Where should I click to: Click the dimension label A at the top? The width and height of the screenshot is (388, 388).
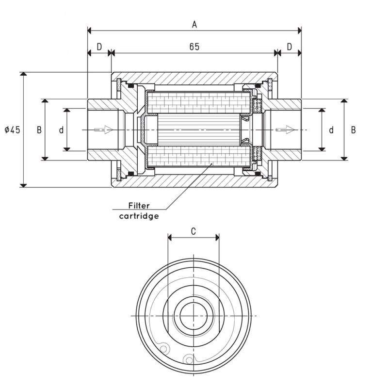click(194, 23)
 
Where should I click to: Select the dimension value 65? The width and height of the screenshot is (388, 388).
click(194, 47)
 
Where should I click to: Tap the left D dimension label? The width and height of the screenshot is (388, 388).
click(99, 47)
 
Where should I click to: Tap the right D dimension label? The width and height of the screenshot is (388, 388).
click(289, 47)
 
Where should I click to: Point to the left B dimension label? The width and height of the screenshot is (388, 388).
click(39, 130)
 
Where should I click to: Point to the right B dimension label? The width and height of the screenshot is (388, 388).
click(354, 130)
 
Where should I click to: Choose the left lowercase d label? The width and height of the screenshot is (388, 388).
click(61, 130)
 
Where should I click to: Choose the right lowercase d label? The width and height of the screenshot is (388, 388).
click(331, 130)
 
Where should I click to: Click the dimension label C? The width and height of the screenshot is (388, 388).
click(193, 231)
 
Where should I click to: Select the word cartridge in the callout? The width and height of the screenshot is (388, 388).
click(139, 216)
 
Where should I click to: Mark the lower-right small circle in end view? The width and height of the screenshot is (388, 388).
click(188, 359)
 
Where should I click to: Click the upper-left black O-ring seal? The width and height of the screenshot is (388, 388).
click(130, 86)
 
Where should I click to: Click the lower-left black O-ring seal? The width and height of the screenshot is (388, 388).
click(130, 173)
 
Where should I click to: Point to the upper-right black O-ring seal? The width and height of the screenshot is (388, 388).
click(257, 85)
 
